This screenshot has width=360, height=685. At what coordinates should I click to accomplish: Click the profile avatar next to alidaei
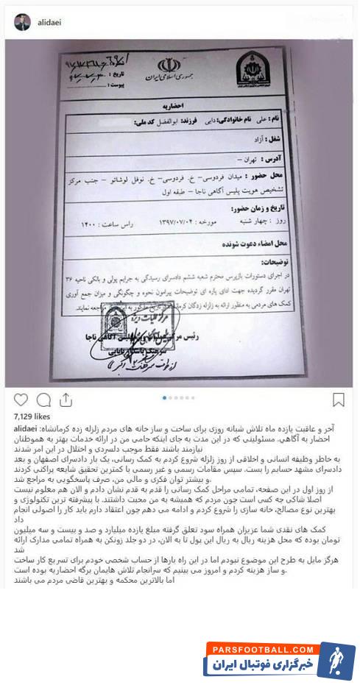tap(22, 22)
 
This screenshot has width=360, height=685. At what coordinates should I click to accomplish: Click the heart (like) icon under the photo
tap(21, 400)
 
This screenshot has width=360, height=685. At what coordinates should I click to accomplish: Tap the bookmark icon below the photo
tap(338, 400)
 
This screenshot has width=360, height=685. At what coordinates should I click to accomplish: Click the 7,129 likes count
tap(29, 416)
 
